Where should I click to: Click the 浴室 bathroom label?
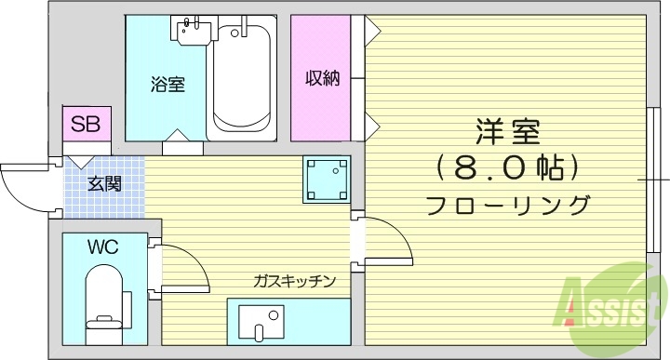[x=167, y=85]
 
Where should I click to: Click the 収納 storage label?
[x=322, y=78]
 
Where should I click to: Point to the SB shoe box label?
[x=86, y=123]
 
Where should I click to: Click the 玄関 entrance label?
[x=104, y=183]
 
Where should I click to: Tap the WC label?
[x=102, y=247]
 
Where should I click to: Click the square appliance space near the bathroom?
[x=326, y=179]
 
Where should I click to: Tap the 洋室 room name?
[x=507, y=132]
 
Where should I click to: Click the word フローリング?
[x=507, y=205]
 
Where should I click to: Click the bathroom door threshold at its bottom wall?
[x=181, y=146]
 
